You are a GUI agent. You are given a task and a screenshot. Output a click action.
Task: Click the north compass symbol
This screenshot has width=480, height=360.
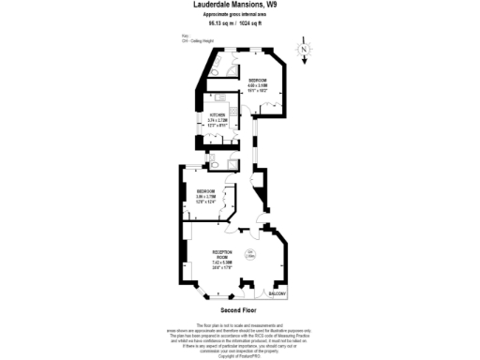[x=303, y=50]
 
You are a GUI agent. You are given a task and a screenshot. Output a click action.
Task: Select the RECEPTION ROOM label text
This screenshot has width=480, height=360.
[x=222, y=255]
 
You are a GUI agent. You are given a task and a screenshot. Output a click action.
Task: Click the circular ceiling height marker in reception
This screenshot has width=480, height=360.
[x=250, y=255]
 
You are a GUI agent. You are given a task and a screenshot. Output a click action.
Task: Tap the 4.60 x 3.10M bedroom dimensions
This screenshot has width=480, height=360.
[x=258, y=86]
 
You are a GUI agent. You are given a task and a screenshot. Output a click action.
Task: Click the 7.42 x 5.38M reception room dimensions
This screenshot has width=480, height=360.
[x=222, y=262]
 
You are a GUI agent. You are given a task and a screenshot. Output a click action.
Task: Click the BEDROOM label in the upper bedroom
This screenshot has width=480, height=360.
[x=258, y=81]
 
